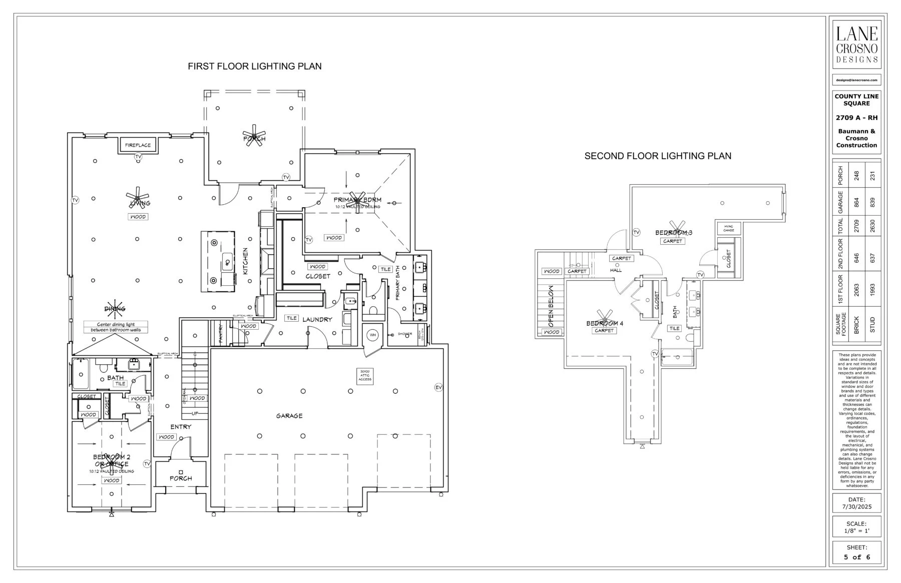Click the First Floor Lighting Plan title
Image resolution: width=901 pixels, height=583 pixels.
[x=254, y=66]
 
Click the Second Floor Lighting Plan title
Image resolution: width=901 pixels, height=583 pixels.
[x=657, y=156]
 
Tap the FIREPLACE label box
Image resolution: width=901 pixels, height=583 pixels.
[x=138, y=145]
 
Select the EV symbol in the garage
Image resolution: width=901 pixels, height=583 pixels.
[x=438, y=387]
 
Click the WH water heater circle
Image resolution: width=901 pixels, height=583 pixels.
[x=373, y=335]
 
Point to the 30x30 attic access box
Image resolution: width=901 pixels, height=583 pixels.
[x=365, y=376]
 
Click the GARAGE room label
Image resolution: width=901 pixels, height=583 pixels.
[x=289, y=416]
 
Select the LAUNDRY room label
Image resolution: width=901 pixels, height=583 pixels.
[x=317, y=319]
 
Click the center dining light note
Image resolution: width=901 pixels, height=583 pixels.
[x=116, y=327]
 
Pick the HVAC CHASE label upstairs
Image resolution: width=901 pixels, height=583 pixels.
[x=728, y=228]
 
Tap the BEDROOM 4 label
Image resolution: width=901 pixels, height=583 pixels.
[x=605, y=323]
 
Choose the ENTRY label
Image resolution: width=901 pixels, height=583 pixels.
[x=181, y=427]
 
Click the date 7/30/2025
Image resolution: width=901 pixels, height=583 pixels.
[x=856, y=506]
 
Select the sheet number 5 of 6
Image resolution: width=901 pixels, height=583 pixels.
[x=856, y=557]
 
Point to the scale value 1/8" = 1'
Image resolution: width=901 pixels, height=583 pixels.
[x=856, y=530]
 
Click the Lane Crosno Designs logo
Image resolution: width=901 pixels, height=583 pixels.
[x=856, y=45]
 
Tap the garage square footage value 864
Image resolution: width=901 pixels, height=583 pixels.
[x=856, y=203]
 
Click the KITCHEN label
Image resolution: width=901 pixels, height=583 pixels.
[x=246, y=261]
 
